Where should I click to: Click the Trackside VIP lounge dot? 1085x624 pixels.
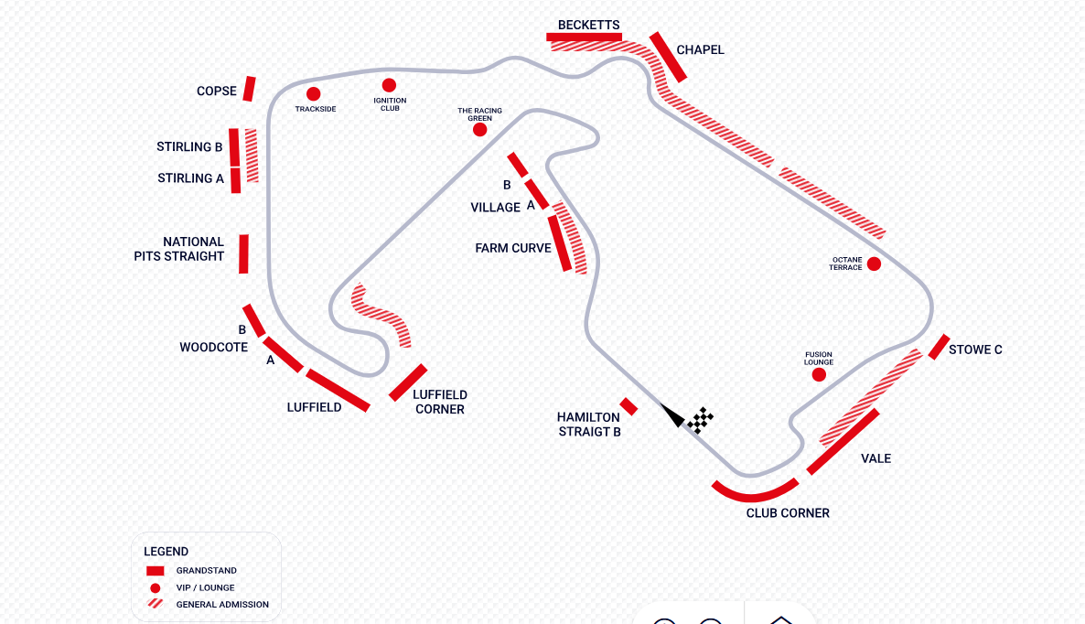314,93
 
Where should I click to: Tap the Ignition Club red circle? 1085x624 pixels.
389,85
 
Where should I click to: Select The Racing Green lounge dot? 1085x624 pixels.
479,130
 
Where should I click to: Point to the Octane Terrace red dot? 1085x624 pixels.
874,264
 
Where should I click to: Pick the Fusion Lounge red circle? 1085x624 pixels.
819,374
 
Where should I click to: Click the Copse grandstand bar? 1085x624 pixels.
249,89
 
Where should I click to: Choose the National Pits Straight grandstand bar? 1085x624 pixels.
243,253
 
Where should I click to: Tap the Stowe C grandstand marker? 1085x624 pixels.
939,347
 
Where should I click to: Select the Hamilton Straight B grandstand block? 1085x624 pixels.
628,406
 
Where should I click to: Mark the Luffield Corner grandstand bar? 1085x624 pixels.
408,382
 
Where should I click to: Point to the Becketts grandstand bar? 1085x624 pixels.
584,37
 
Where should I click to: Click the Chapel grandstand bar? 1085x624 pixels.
668,57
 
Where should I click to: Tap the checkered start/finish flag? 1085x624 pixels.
701,420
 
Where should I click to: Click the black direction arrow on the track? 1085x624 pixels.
674,416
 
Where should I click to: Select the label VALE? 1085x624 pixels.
876,458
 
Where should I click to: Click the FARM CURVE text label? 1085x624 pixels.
513,248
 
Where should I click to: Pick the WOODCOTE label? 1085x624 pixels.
213,348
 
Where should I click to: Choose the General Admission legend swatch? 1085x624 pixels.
156,604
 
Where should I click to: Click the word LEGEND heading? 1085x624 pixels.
167,552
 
